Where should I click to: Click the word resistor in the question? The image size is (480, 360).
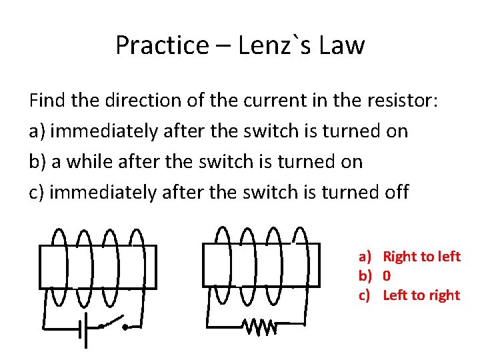(x=397, y=101)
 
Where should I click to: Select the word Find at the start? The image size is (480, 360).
(x=47, y=101)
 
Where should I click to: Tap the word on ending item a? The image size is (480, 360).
(x=397, y=131)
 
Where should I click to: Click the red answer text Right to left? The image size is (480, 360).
(x=421, y=257)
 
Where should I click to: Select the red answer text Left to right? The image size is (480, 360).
(x=421, y=295)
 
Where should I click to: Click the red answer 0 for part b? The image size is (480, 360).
(x=387, y=276)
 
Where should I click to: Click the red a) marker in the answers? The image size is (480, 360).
(x=365, y=257)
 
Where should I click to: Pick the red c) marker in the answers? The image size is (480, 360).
(x=365, y=295)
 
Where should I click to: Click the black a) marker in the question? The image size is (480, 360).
(x=37, y=131)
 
